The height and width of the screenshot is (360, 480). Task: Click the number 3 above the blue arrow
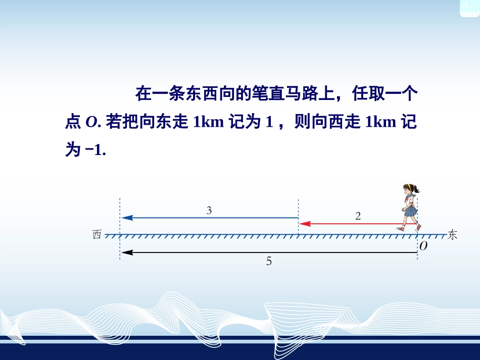pos(209,211)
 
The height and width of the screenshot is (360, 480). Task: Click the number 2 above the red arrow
pos(358,216)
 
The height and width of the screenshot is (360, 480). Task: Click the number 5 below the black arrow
pos(269,261)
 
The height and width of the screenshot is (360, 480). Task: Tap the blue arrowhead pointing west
pos(127,218)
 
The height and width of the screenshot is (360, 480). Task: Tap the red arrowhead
pos(304,223)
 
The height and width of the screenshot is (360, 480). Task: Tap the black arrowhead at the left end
pos(126,252)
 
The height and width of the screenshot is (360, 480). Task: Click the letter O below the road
pos(423,246)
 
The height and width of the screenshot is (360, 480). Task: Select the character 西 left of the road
pos(98,235)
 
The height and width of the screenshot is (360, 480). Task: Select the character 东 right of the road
pos(452,235)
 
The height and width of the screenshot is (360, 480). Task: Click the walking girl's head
pos(409,191)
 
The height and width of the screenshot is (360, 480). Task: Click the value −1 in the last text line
pos(93,150)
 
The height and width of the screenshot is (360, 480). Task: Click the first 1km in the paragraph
pos(208,122)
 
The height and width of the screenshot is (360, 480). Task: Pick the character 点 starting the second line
pos(73,122)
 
